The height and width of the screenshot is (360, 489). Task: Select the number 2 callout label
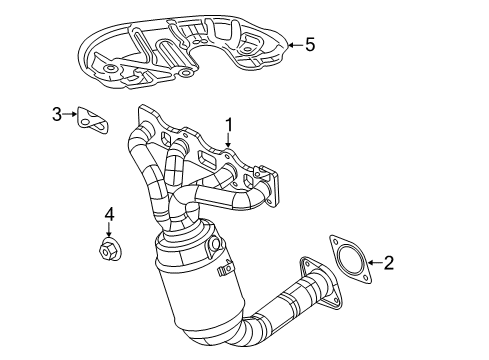(x=389, y=264)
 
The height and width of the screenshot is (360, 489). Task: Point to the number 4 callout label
(x=111, y=213)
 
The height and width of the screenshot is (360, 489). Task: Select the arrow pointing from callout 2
(x=371, y=264)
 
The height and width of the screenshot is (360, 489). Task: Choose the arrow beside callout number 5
(x=293, y=44)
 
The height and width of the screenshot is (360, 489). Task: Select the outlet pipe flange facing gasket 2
(x=313, y=284)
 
